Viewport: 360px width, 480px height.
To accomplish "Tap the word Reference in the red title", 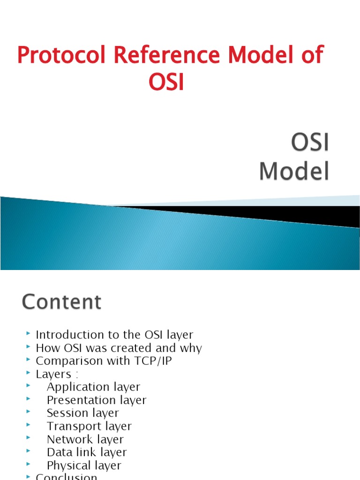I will point(141,56).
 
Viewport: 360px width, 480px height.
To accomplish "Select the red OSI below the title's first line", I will point(166,82).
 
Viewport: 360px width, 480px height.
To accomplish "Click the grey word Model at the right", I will point(294,172).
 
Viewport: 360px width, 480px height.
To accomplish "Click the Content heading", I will point(61,302).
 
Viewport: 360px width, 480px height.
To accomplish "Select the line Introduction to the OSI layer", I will point(114,335).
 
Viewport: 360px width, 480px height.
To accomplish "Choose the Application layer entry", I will point(93,387).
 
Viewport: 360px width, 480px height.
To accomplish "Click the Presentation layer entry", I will point(97,400).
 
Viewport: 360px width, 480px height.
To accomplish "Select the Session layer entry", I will point(83,413).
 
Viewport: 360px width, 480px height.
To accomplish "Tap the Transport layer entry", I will point(89,426).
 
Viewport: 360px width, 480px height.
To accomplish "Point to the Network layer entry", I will point(85,439).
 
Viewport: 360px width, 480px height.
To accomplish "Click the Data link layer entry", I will point(87,452).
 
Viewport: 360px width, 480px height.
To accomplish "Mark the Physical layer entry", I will point(84,465).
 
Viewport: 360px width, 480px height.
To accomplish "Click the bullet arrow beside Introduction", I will point(29,334).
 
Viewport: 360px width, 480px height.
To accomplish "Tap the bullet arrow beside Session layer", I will point(29,412).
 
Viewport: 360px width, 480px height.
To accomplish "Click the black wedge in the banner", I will point(281,213).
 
